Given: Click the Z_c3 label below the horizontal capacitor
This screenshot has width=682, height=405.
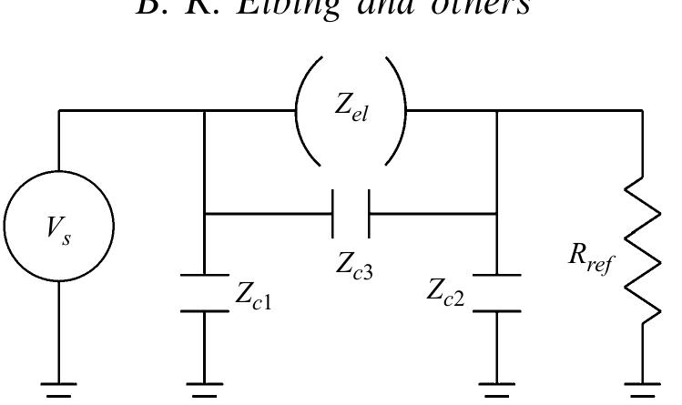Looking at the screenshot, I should [351, 267].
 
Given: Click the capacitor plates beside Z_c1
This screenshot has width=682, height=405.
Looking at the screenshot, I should [204, 292].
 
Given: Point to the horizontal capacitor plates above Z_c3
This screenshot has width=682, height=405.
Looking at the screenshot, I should [351, 215].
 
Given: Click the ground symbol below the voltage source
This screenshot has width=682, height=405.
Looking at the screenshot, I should [59, 389].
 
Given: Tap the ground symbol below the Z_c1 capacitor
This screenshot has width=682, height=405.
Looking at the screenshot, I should [204, 389].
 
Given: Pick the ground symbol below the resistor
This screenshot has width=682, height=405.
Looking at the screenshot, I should [643, 389].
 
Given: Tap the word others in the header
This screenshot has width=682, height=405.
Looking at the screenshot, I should [484, 14].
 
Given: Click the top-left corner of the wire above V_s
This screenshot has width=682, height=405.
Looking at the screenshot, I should [59, 112].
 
